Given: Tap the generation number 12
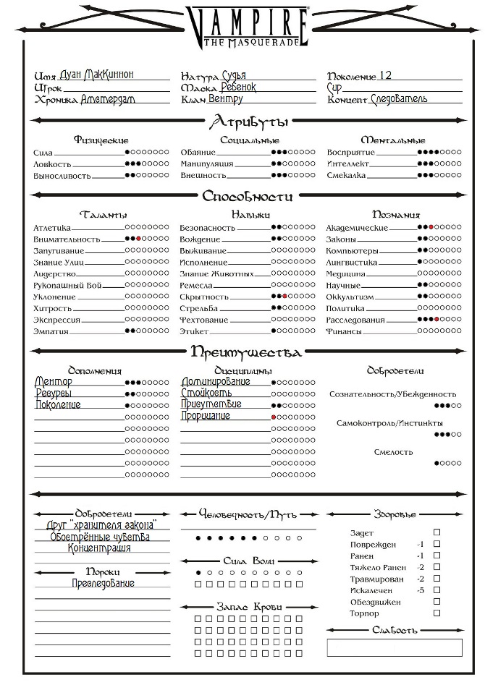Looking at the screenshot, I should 385,75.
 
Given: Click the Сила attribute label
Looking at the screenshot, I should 43,153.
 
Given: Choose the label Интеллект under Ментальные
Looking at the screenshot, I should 348,164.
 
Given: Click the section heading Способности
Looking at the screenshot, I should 248,196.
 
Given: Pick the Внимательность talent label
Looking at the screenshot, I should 67,239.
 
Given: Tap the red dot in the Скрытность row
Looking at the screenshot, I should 285,297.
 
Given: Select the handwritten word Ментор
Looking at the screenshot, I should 54,382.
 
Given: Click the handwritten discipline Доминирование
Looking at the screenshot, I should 216,382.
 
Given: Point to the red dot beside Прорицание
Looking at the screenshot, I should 274,417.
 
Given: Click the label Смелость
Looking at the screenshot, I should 394,452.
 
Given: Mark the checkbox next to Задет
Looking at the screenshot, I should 436,532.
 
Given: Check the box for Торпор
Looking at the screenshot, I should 436,613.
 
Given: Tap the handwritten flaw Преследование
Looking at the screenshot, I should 103,584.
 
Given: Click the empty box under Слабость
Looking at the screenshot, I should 394,647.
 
